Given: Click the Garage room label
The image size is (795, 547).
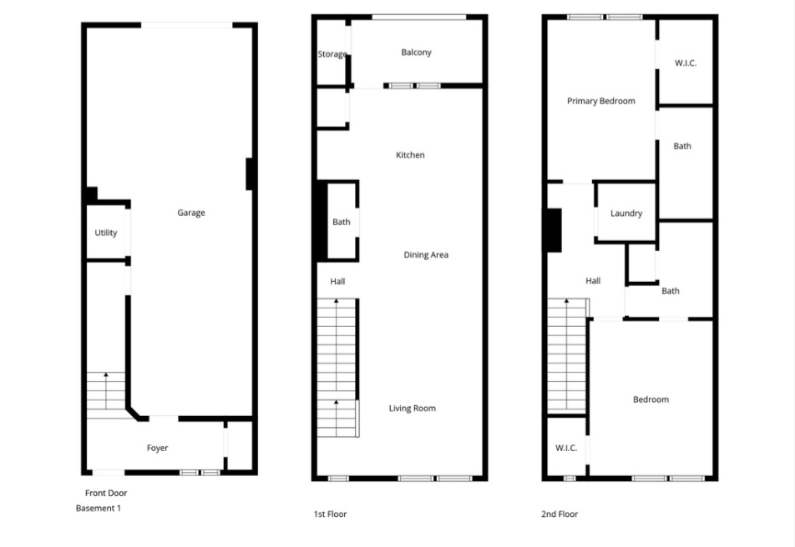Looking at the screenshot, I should click(x=190, y=213).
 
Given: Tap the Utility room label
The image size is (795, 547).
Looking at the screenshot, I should click(x=106, y=233).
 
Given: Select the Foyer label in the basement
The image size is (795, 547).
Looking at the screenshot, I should click(x=157, y=448).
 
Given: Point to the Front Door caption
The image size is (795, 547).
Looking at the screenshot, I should click(x=106, y=493).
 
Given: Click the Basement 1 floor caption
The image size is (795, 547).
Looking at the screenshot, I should click(x=99, y=508).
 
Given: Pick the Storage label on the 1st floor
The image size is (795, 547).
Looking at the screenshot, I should click(x=332, y=54).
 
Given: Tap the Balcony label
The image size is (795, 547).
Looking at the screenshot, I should click(x=416, y=53).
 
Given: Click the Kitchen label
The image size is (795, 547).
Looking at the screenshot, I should click(x=410, y=155).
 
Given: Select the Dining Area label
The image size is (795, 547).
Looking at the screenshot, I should click(x=426, y=254).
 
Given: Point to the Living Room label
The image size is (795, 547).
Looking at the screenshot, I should click(x=412, y=408).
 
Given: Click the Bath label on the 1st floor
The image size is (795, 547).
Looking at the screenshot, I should click(x=342, y=222).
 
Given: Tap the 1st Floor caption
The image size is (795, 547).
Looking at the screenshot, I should click(x=330, y=514).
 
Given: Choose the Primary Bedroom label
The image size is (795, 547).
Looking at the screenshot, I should click(x=600, y=101).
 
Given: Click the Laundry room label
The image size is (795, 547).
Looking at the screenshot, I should click(x=626, y=213).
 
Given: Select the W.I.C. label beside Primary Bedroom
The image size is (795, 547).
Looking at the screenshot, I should click(x=686, y=63).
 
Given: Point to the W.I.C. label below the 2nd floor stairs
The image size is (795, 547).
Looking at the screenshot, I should click(x=566, y=448).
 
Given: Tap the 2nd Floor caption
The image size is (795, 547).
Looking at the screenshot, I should click(x=560, y=514).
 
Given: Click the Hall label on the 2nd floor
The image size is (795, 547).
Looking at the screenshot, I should click(x=593, y=281).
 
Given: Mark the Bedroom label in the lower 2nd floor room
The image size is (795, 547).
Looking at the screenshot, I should click(x=651, y=399).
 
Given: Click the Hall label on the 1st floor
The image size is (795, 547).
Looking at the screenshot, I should click(x=337, y=281).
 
